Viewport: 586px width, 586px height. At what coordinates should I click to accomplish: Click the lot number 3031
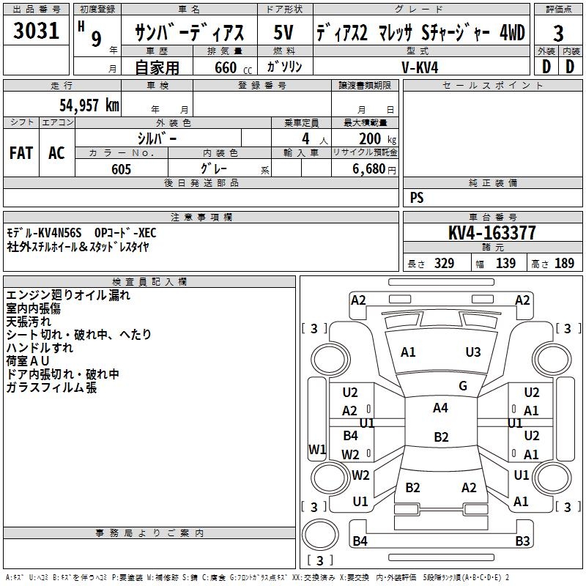click(36, 30)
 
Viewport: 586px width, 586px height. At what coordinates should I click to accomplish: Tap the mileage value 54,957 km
click(89, 105)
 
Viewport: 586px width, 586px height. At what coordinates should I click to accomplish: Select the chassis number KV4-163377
click(492, 232)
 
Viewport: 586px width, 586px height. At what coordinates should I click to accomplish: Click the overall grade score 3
click(558, 33)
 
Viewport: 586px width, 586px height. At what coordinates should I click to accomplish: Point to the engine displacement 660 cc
click(233, 67)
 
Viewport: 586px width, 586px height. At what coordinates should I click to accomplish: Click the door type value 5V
click(283, 32)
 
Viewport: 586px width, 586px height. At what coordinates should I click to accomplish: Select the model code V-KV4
click(420, 67)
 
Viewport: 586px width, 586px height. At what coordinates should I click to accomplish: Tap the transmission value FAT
click(21, 153)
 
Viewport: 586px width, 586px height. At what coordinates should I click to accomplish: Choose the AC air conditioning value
click(56, 153)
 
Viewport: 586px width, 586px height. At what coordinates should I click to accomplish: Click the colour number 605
click(121, 169)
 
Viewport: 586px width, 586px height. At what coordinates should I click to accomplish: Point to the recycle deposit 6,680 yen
click(374, 169)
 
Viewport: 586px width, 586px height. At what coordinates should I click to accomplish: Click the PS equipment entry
click(417, 197)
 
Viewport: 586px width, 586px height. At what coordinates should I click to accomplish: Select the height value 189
click(564, 263)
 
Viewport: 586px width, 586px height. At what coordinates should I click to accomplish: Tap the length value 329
click(444, 263)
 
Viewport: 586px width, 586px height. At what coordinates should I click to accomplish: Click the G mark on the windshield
click(463, 386)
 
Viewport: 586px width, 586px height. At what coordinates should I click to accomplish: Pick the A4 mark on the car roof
click(440, 408)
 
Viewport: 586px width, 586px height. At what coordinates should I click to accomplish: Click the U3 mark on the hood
click(472, 352)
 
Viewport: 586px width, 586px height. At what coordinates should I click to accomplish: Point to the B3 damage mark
click(522, 541)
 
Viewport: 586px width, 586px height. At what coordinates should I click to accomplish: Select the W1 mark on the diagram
click(317, 449)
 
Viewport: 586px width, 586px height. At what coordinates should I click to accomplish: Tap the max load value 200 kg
click(377, 139)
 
